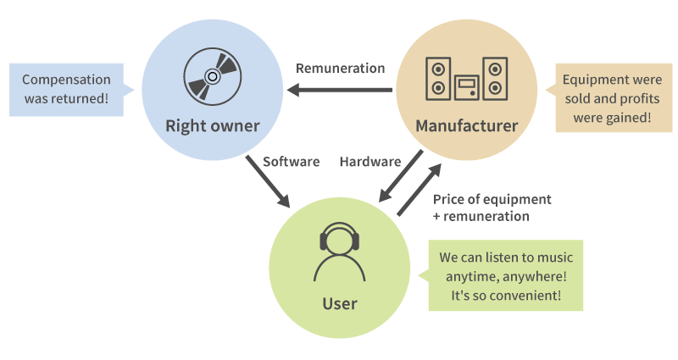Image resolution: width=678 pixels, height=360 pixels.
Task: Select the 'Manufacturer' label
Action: [x=466, y=126]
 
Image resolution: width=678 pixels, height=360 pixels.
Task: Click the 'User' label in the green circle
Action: [x=339, y=303]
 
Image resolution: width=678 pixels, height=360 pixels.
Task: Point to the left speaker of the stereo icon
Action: [x=437, y=78]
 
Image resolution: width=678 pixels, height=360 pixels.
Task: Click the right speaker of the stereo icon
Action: [x=495, y=78]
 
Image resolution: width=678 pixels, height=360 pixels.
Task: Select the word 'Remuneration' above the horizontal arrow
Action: [x=340, y=68]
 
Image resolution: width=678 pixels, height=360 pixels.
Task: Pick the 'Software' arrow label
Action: [x=291, y=161]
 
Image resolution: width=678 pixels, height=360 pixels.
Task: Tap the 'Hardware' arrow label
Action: [x=370, y=161]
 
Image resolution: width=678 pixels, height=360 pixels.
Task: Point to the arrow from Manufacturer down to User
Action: [x=401, y=177]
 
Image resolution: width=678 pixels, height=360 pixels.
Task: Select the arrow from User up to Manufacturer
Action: [x=420, y=189]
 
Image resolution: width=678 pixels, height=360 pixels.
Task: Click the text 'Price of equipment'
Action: [x=492, y=199]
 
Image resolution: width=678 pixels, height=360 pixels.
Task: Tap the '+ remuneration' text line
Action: [x=481, y=216]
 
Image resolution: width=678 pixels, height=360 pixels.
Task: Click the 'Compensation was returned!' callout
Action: [x=66, y=89]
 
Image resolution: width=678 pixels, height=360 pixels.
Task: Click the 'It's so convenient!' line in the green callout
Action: [x=507, y=296]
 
